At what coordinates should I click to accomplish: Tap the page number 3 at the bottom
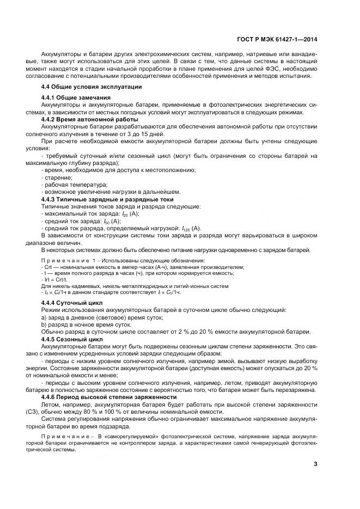[316, 464]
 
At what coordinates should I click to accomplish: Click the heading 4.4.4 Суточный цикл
[72, 302]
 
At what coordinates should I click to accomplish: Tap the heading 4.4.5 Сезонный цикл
[72, 338]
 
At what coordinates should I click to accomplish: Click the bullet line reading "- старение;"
[57, 177]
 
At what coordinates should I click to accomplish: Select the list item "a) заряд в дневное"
[87, 317]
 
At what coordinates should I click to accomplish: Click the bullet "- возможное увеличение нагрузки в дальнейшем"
[111, 192]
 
